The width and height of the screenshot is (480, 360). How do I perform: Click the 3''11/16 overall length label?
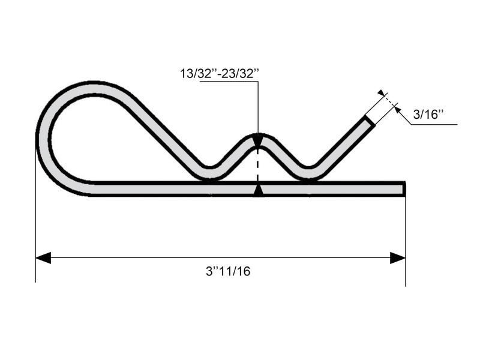[228, 271]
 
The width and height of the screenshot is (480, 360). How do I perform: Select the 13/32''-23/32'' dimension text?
[220, 74]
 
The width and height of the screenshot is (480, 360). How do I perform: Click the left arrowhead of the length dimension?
[43, 258]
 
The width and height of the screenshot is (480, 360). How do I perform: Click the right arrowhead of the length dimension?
[398, 258]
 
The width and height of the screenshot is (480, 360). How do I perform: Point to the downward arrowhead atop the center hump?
[258, 142]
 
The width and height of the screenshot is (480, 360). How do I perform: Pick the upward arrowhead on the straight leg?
[258, 191]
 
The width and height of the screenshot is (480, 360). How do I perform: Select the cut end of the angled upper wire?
[370, 120]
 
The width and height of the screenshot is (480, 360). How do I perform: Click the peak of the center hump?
[258, 136]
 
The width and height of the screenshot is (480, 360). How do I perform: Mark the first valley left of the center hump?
[210, 173]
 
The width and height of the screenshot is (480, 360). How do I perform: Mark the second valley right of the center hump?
[308, 173]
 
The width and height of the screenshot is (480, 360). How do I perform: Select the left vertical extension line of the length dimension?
[35, 240]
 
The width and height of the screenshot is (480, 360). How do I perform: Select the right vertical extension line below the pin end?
[406, 240]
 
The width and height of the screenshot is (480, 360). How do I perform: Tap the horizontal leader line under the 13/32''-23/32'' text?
[228, 82]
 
